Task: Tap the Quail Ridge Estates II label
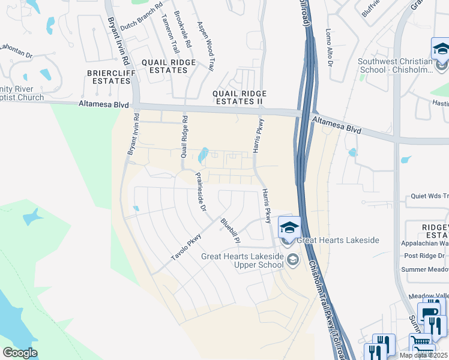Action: click(240, 97)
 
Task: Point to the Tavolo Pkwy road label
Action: click(185, 247)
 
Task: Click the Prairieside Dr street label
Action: click(201, 193)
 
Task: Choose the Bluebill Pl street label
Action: click(231, 231)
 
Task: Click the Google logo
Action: click(20, 353)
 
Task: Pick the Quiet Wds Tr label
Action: click(429, 196)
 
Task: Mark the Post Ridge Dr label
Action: click(424, 256)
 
